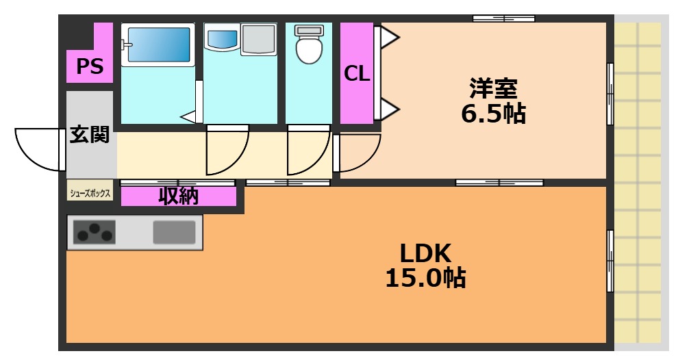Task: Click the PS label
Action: click(x=90, y=66)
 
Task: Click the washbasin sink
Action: click(x=221, y=38)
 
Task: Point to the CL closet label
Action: click(x=357, y=73)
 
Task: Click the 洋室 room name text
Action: click(x=493, y=89)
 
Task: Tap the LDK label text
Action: click(x=425, y=254)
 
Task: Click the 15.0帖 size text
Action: click(x=425, y=278)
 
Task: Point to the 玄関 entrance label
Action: click(x=90, y=135)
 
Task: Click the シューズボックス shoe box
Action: click(x=90, y=194)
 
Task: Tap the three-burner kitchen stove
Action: click(x=95, y=233)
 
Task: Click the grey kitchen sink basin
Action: click(x=174, y=233)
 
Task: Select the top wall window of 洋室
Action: click(x=503, y=18)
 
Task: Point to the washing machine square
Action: click(x=258, y=39)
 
